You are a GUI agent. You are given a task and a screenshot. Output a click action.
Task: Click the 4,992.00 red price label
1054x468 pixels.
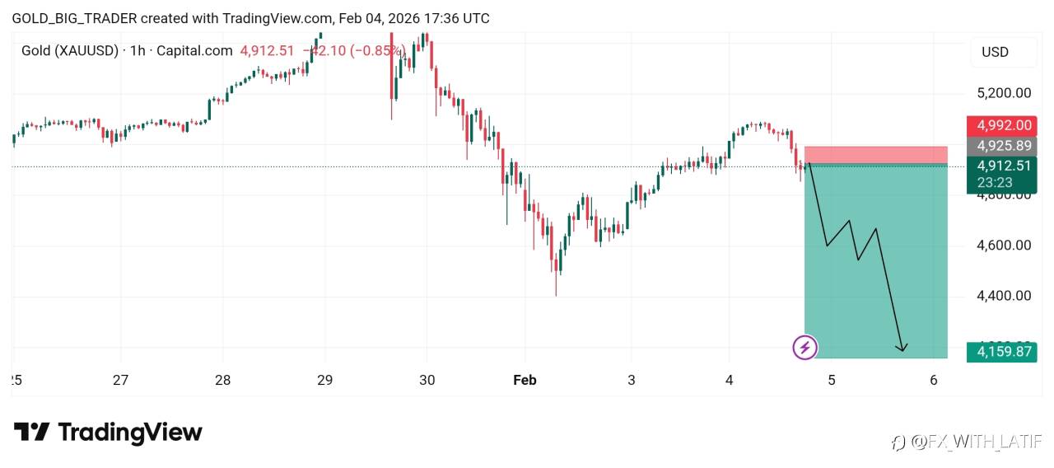pos(1003,126)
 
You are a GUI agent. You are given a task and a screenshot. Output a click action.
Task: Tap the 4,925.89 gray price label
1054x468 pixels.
pos(1003,146)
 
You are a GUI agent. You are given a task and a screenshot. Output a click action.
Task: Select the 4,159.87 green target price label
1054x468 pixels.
pos(1003,352)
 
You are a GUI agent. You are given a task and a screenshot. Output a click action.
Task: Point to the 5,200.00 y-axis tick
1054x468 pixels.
pos(1003,93)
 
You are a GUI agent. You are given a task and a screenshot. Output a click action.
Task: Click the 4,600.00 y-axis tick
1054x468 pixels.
pos(1003,245)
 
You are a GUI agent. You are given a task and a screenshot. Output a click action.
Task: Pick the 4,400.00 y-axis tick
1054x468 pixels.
pos(1003,295)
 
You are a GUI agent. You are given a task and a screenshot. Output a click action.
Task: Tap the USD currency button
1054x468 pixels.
pos(995,52)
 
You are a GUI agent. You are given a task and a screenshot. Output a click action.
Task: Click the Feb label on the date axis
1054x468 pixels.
pos(525,380)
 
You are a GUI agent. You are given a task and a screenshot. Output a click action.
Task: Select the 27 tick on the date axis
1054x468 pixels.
pos(121,380)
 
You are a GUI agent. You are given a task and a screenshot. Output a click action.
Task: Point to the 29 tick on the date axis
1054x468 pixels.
pos(324,380)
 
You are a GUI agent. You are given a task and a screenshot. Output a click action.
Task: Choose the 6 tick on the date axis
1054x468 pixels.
pos(933,380)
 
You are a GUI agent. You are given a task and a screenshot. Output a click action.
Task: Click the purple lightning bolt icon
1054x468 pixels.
pos(804,348)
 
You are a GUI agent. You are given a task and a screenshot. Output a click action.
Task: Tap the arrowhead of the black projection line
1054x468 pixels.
pos(903,349)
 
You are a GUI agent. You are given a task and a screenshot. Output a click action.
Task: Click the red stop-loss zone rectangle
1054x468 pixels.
pos(875,154)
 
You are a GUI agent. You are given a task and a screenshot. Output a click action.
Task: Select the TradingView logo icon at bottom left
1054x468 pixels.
pos(32,433)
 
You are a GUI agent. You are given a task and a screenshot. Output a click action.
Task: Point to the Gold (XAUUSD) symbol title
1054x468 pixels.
pos(70,51)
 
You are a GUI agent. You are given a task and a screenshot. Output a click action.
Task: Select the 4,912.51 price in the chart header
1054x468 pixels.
pos(267,51)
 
